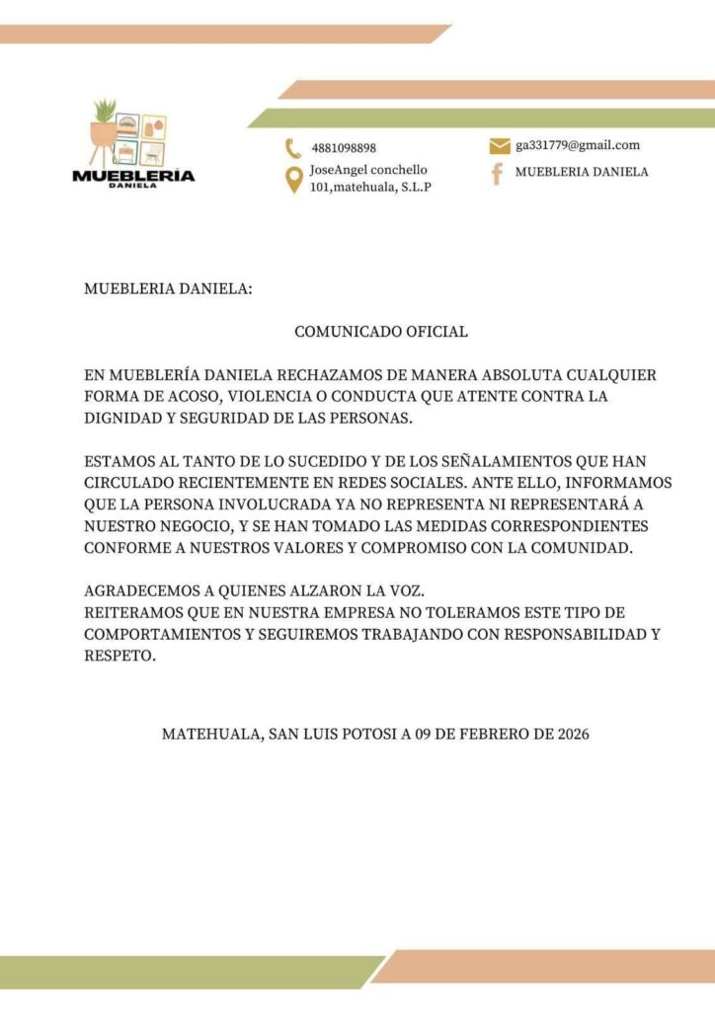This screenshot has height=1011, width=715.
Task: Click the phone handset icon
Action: (292, 148)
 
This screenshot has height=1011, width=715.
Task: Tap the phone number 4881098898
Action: (343, 148)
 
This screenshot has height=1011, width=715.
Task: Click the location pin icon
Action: (292, 180)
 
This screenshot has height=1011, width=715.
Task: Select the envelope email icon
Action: (499, 146)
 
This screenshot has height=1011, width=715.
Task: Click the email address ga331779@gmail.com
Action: (578, 145)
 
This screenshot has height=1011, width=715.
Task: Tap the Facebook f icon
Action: (498, 174)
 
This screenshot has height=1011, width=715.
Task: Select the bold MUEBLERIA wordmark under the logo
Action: (133, 176)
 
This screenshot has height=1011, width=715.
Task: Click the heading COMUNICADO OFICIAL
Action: (381, 332)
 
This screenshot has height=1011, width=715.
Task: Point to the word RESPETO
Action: (119, 656)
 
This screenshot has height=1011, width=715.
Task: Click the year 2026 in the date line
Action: (573, 735)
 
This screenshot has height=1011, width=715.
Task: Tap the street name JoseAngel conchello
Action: (368, 170)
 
